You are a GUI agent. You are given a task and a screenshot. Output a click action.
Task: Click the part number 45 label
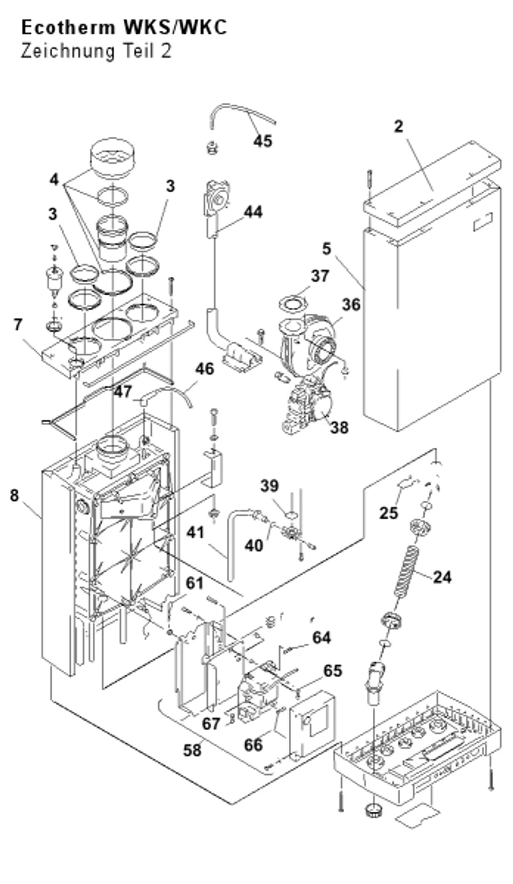click(263, 141)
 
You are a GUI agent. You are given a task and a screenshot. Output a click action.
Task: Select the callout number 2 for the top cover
click(399, 127)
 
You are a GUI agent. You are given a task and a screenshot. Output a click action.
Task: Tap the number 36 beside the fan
click(351, 305)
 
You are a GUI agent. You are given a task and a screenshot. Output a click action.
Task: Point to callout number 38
click(339, 427)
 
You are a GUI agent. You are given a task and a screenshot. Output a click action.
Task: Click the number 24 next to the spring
click(442, 577)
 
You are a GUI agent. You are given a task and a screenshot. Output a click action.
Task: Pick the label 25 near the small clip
click(389, 513)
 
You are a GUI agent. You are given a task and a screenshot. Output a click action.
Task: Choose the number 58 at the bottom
click(192, 750)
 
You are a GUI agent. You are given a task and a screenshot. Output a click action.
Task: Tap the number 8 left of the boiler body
click(14, 495)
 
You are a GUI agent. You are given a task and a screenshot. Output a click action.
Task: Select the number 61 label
click(194, 583)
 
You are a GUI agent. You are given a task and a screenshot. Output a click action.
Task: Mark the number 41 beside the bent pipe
click(195, 533)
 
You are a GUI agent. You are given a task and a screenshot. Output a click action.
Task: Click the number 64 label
click(322, 638)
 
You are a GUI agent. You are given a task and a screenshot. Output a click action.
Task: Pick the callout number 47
click(123, 392)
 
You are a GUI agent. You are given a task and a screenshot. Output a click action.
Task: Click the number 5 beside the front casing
click(327, 249)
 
